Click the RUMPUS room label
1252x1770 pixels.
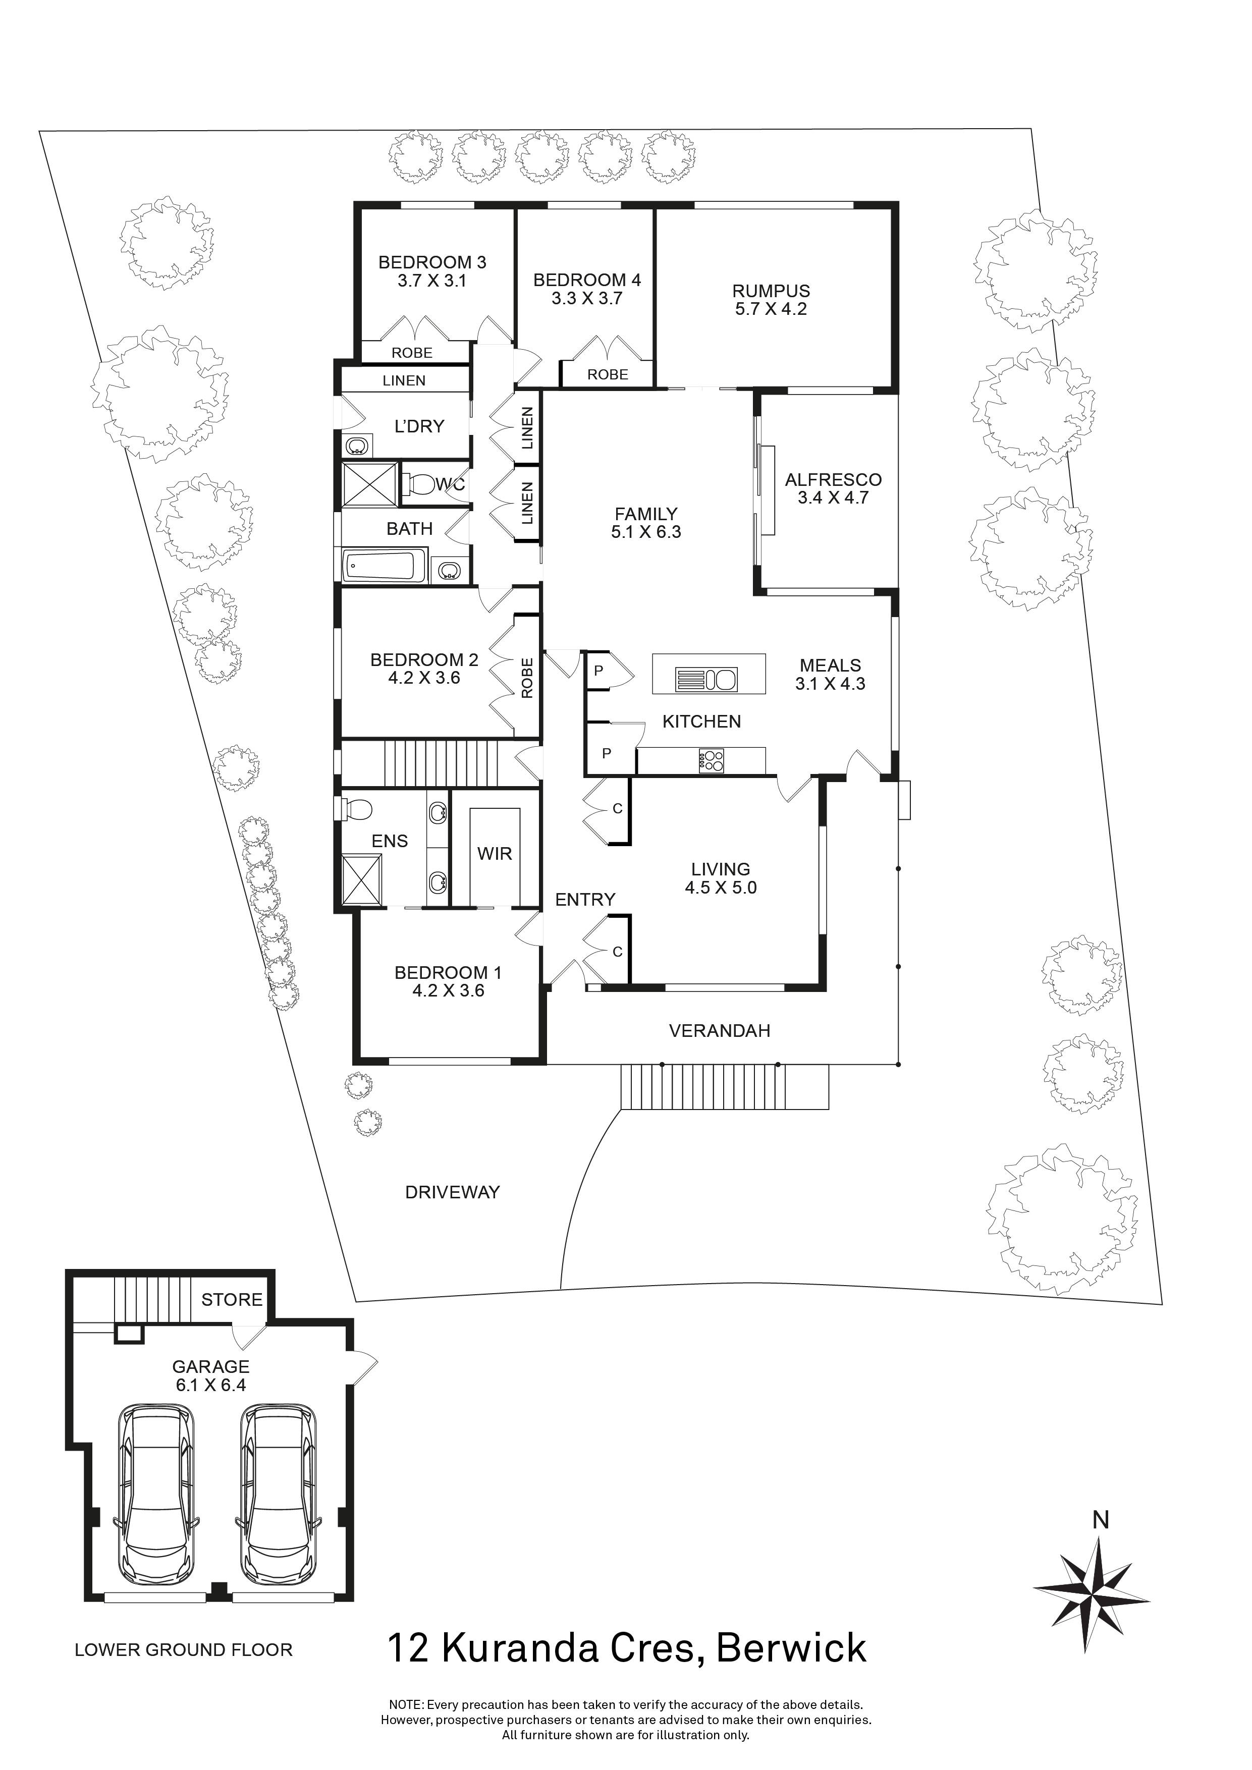point(771,292)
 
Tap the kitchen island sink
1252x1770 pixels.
point(707,680)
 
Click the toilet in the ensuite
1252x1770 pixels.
point(357,809)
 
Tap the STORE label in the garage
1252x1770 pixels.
point(231,1300)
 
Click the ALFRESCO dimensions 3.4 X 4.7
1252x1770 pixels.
point(833,498)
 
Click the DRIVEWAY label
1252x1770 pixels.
point(453,1193)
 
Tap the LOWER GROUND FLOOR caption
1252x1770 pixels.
point(184,1650)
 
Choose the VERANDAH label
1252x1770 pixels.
point(719,1031)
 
